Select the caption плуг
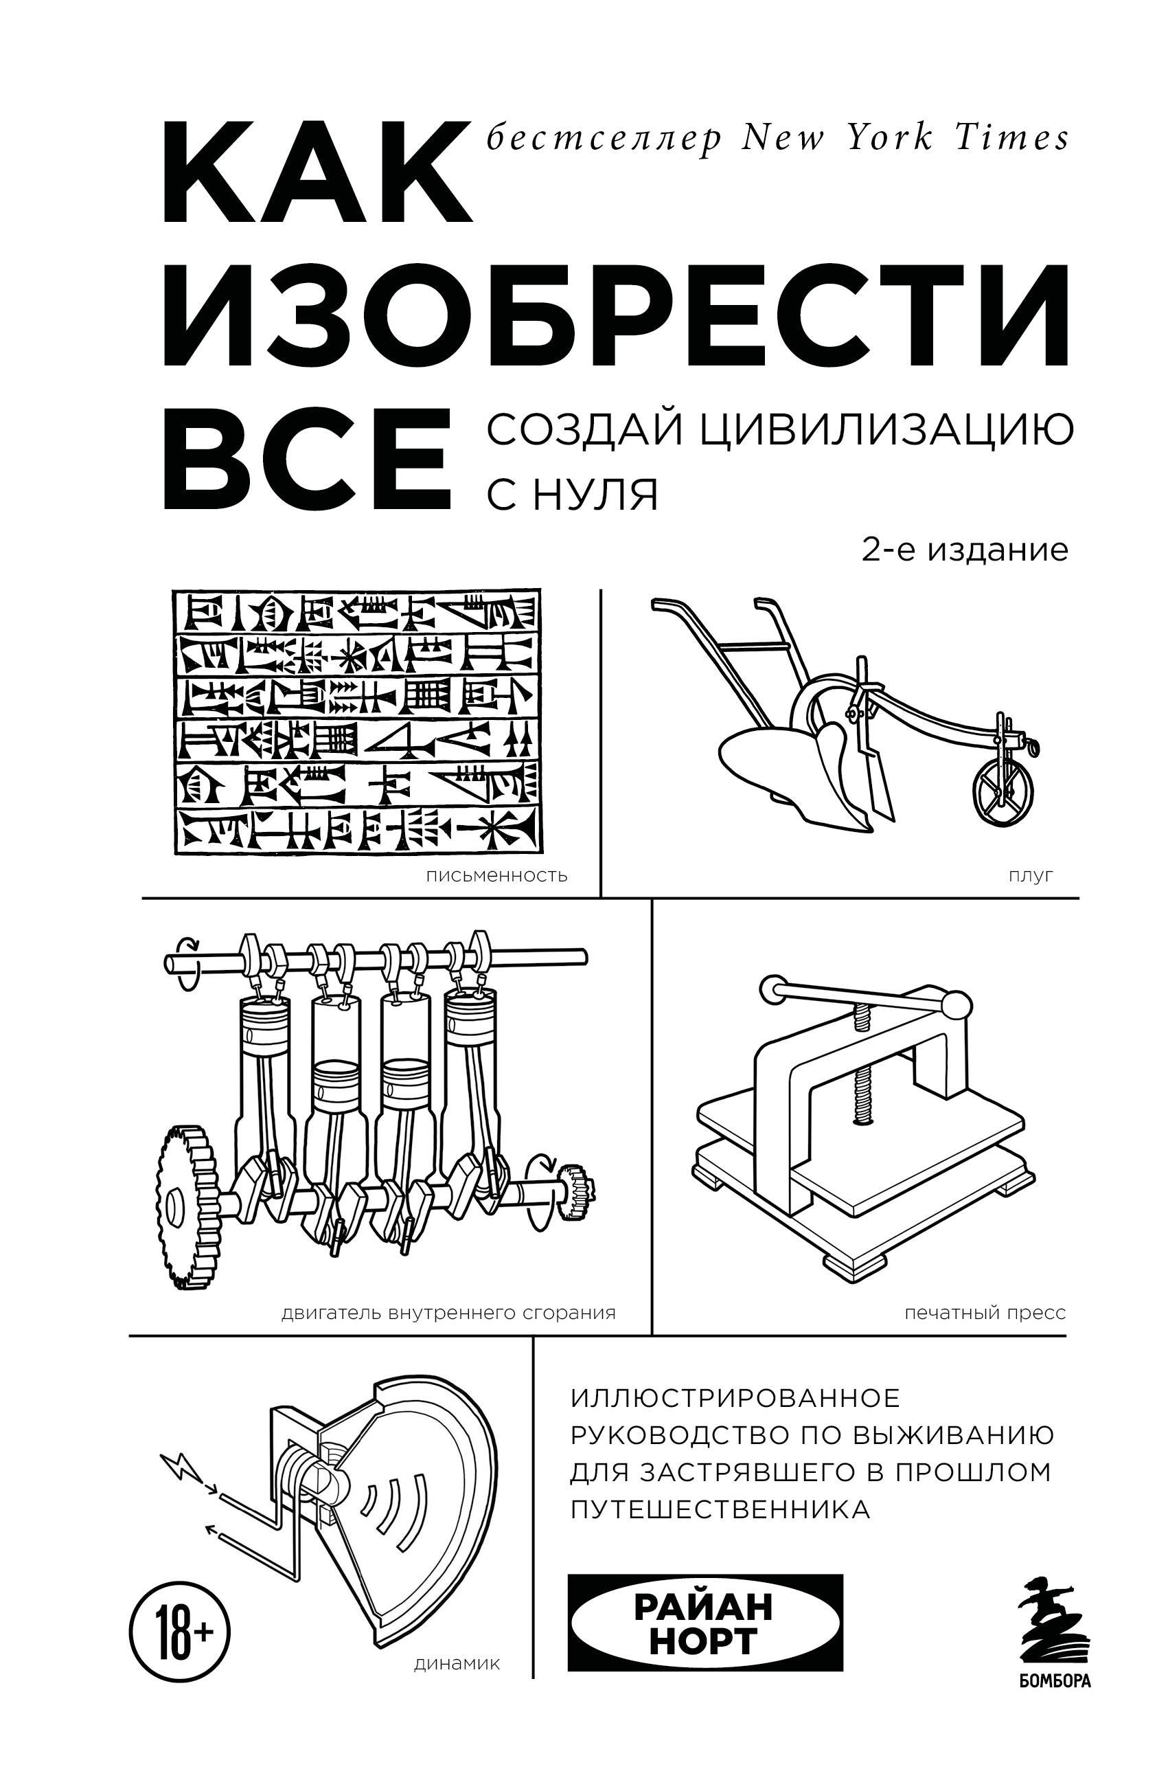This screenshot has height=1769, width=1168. (1031, 875)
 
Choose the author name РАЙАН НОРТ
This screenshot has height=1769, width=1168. (704, 1623)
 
